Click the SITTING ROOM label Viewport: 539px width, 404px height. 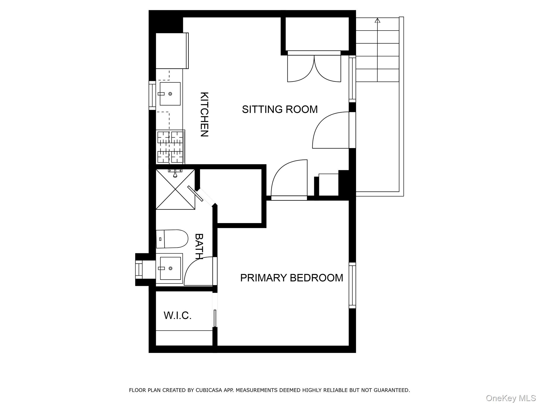coord(280,109)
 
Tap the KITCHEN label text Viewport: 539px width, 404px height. coord(204,114)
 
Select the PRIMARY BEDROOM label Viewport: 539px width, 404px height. coord(292,278)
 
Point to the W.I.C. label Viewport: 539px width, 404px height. coord(177,315)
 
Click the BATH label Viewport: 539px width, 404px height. coord(199,246)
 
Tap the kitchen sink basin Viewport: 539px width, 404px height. coord(170,94)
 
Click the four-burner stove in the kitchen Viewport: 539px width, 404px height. coord(170,147)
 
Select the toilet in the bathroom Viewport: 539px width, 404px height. coord(172,239)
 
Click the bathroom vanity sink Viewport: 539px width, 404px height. coord(170,269)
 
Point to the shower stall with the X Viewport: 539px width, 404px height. coord(175,189)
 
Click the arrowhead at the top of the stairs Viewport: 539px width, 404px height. coord(378,20)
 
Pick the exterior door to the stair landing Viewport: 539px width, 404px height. coord(331,130)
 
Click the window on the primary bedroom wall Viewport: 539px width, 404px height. coord(352,285)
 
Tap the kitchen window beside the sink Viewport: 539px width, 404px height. coord(152,95)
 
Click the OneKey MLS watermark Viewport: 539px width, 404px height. coord(511,398)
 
